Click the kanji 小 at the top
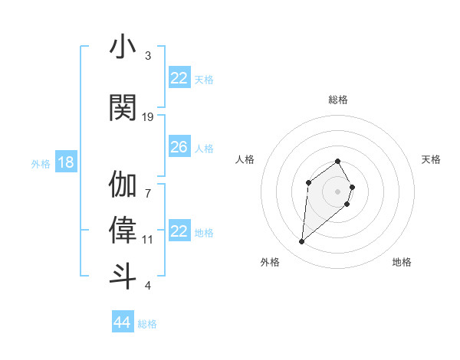(123, 47)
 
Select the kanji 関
(123, 107)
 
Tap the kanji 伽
(123, 185)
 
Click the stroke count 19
(148, 116)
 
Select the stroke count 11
(148, 239)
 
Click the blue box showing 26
(179, 147)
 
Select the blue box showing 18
(66, 162)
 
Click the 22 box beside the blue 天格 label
(179, 78)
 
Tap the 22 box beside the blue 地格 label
(179, 231)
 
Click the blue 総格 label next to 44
(147, 324)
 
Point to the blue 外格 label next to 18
(41, 163)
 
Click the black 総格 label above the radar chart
(338, 100)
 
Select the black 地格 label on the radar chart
(402, 263)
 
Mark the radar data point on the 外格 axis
(301, 242)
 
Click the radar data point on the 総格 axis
(338, 162)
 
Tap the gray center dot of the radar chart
(338, 191)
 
